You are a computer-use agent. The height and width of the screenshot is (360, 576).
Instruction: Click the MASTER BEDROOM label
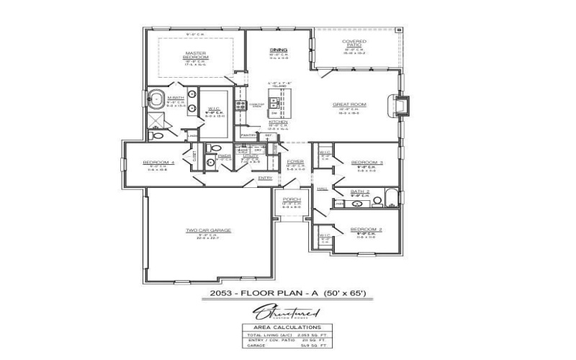click(196, 55)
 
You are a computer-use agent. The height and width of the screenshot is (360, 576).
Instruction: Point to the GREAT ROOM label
click(349, 104)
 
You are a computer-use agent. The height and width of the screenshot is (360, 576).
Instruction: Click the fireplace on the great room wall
click(403, 106)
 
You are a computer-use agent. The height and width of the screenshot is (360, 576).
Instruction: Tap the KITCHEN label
click(278, 122)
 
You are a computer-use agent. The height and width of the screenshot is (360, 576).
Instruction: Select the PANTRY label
click(248, 135)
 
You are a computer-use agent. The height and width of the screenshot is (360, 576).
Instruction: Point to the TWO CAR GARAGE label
click(208, 230)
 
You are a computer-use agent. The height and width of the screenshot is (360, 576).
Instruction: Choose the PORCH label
click(292, 199)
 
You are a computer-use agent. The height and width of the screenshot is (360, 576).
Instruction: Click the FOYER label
click(295, 162)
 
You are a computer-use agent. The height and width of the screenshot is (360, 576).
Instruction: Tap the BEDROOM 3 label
click(366, 163)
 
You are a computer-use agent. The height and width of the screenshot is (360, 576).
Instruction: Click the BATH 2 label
click(359, 192)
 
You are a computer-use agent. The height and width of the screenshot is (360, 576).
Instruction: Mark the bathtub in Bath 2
click(390, 197)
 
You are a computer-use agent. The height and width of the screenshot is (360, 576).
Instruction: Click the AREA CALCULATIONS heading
click(287, 326)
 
